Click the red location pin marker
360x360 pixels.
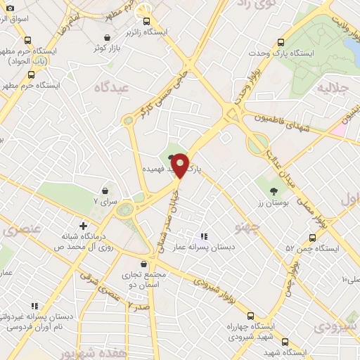(180, 166)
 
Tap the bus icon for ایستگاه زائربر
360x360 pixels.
(146, 22)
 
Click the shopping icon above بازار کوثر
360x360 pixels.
(106, 37)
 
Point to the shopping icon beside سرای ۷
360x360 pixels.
(105, 190)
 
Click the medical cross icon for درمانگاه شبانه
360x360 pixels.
(84, 226)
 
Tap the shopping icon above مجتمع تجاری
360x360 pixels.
(144, 264)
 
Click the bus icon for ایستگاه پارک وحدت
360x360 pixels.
(281, 41)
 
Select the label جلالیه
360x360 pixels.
(333, 89)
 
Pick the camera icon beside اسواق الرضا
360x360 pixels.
(9, 6)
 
